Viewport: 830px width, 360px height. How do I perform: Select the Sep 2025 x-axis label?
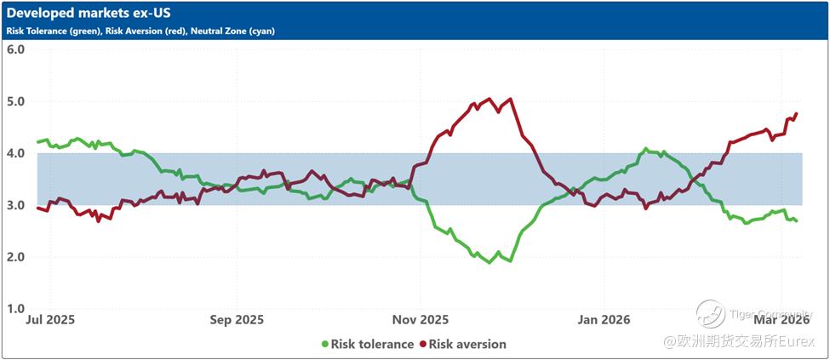tap(236, 321)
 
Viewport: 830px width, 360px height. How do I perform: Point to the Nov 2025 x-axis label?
tap(421, 321)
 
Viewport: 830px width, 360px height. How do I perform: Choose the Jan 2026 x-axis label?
tap(604, 321)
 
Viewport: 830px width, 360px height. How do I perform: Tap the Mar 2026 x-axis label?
tap(781, 321)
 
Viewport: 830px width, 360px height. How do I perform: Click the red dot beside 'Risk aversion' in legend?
tap(421, 344)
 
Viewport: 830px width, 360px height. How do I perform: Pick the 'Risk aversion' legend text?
tap(467, 344)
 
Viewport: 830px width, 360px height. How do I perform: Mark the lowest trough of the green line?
tap(489, 262)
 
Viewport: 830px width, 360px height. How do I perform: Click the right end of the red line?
tap(797, 113)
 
